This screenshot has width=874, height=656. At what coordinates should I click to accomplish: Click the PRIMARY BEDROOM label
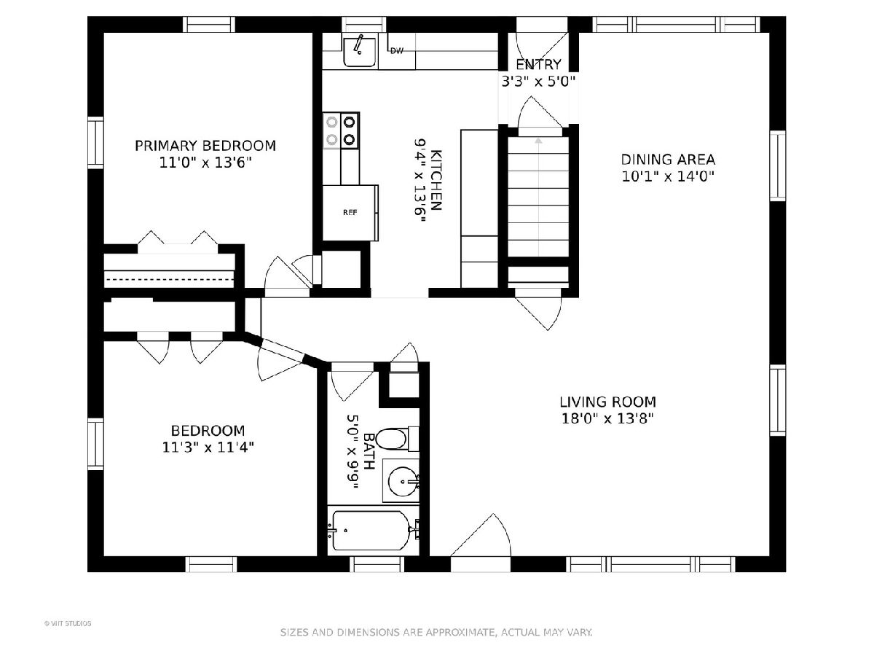205,146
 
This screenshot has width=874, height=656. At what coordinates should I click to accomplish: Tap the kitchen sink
360,52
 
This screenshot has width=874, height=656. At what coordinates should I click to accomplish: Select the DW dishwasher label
397,51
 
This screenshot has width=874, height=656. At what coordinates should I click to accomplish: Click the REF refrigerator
350,213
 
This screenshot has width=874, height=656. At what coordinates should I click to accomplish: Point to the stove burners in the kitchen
341,130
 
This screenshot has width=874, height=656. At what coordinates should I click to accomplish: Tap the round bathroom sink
403,482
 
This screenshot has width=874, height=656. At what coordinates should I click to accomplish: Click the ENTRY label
538,64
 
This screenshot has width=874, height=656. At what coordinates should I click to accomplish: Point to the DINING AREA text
668,160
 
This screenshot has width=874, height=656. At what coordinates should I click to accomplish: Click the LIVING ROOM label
607,402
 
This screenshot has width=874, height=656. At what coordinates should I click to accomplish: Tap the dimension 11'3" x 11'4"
208,448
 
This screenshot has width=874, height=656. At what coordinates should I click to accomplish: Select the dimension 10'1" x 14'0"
668,176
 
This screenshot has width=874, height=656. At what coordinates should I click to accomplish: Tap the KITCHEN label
436,180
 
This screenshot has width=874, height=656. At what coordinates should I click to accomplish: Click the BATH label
369,451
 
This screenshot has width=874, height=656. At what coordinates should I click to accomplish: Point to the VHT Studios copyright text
68,623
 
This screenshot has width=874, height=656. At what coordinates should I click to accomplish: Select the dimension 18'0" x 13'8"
607,418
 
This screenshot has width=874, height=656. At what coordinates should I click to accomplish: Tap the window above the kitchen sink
364,24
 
